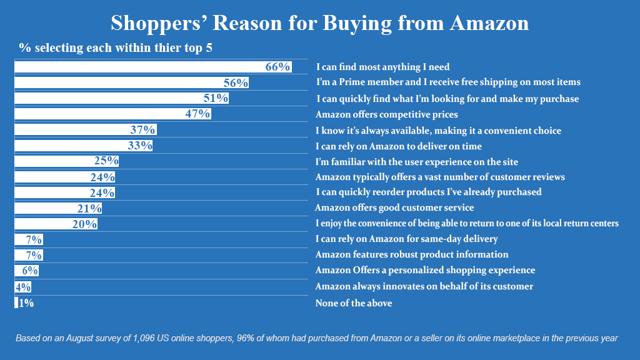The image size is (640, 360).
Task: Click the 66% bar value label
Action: (277, 67)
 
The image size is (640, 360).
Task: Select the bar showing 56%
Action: (125, 82)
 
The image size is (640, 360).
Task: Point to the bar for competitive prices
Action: (106, 114)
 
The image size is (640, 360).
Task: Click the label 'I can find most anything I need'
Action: (382, 67)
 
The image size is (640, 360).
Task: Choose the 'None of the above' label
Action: (354, 303)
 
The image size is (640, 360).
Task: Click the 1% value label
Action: (25, 303)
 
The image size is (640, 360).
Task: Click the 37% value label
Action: (143, 129)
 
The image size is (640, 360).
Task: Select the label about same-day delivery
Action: (406, 239)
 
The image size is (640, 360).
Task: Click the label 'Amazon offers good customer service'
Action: (394, 207)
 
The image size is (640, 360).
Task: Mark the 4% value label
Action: (23, 287)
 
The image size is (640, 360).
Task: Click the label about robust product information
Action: (411, 254)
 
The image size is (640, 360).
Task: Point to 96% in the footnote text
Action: (256, 338)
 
